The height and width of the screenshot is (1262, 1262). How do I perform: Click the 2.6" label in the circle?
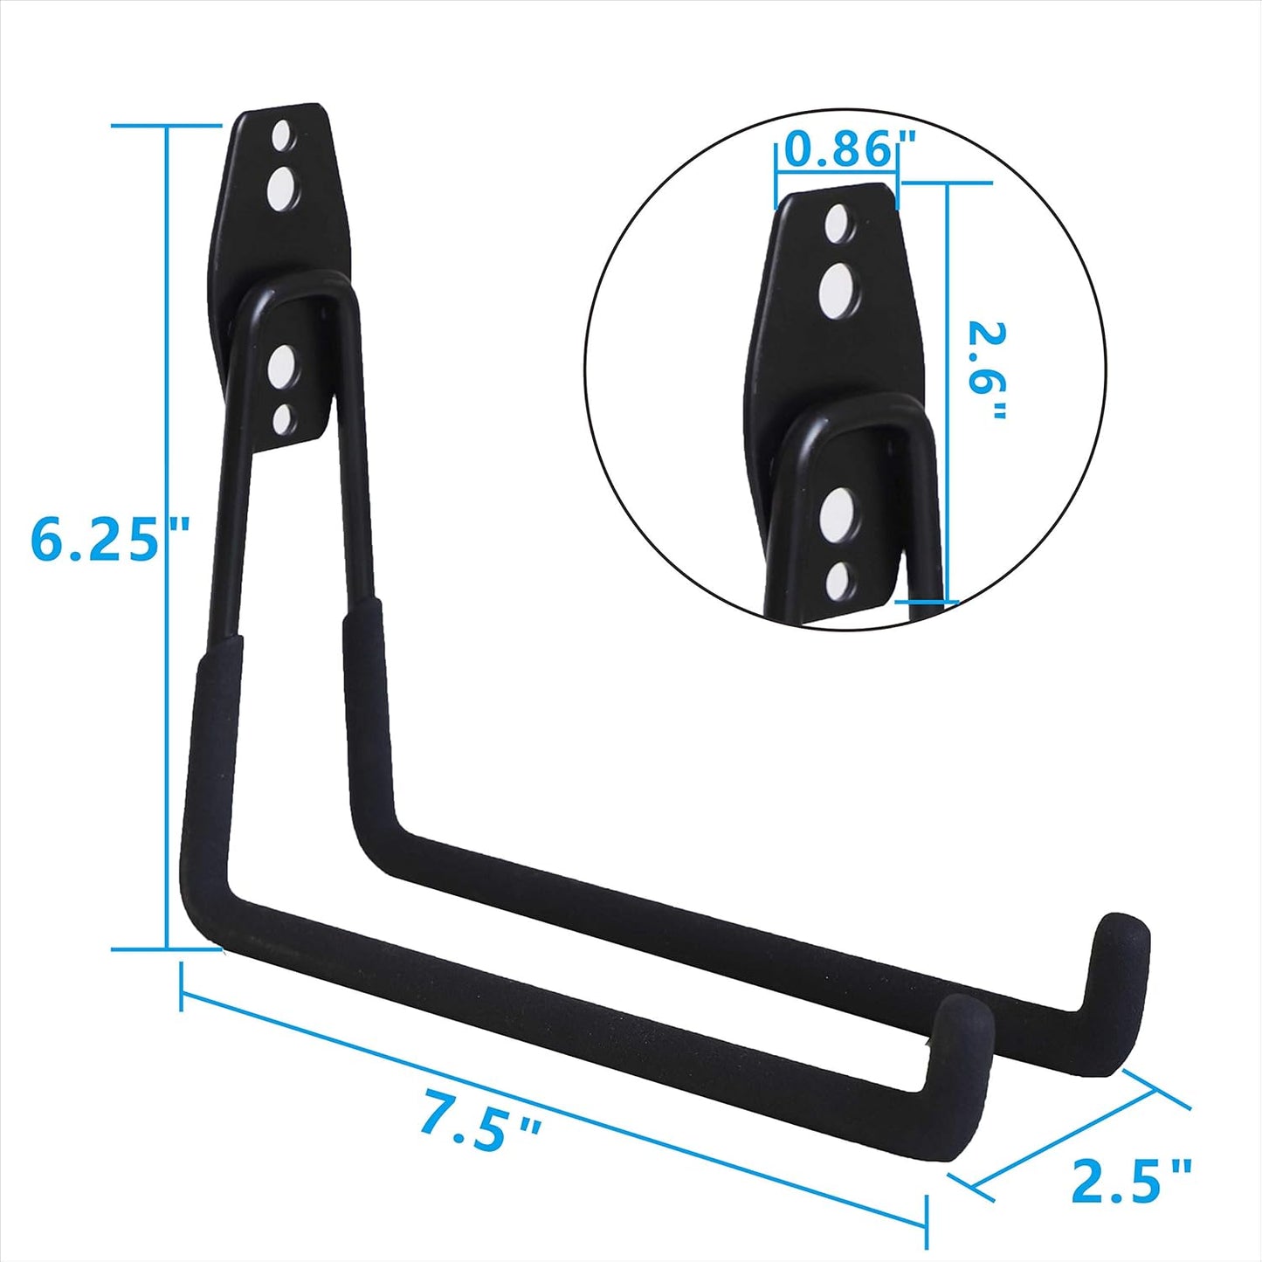click(987, 371)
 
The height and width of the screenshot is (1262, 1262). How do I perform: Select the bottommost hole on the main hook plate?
click(283, 419)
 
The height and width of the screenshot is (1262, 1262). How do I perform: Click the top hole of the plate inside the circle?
click(837, 224)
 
